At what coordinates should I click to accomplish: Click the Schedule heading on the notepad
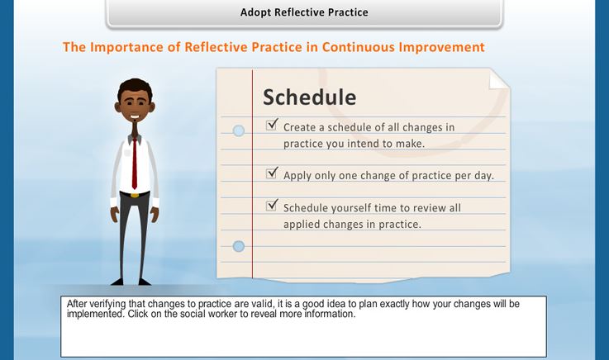(x=310, y=97)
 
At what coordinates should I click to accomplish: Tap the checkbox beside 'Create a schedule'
(x=272, y=125)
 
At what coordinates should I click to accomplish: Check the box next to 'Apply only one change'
(x=272, y=173)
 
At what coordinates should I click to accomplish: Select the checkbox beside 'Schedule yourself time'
(x=272, y=206)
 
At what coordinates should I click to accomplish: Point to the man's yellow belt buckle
(x=135, y=195)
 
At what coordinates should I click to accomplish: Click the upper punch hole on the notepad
(x=239, y=130)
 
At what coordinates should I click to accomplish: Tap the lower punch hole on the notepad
(x=239, y=246)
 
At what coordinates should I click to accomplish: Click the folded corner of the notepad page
(x=498, y=80)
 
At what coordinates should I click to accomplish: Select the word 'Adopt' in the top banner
(x=255, y=12)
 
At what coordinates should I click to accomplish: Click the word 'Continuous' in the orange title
(x=358, y=47)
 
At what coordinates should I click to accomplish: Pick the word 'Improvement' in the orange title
(x=441, y=47)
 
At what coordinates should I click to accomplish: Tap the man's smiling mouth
(x=135, y=116)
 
